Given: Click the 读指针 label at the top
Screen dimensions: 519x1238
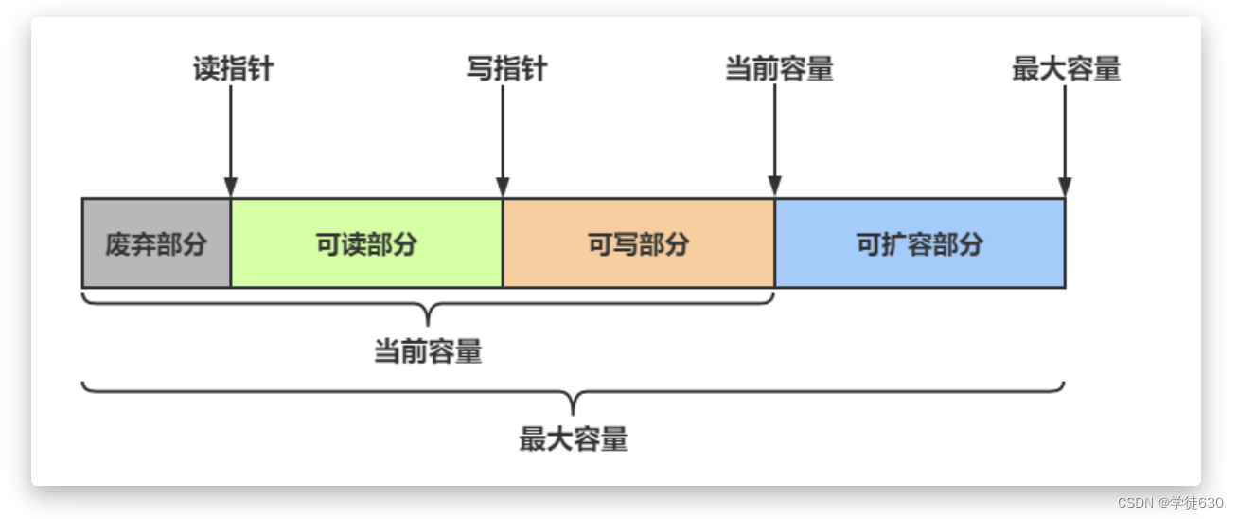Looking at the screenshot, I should pos(233,69).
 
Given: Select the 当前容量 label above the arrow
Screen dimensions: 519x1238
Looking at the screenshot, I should pos(779,69).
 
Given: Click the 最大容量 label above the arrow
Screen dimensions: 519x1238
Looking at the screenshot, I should pos(1066,69).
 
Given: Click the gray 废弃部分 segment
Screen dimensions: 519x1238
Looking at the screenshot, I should pos(156,243).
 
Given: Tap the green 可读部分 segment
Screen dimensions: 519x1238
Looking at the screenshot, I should pos(366,243).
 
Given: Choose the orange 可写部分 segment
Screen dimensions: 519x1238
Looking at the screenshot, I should pos(639,243).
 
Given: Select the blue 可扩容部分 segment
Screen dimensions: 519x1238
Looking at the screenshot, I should pos(919,243).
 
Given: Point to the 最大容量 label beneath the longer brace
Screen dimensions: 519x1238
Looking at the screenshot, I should pos(574,439).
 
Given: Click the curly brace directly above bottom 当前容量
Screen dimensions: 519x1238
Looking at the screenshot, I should pos(428,307).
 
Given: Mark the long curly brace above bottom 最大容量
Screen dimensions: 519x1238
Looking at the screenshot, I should pos(574,393).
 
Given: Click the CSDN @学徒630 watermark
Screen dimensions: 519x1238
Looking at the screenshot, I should pos(1170,502).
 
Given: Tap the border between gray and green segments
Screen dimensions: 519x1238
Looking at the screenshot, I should pos(231,243).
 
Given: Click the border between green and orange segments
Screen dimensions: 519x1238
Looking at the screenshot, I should pos(503,243).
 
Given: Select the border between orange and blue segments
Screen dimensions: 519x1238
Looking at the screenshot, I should pos(774,243).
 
